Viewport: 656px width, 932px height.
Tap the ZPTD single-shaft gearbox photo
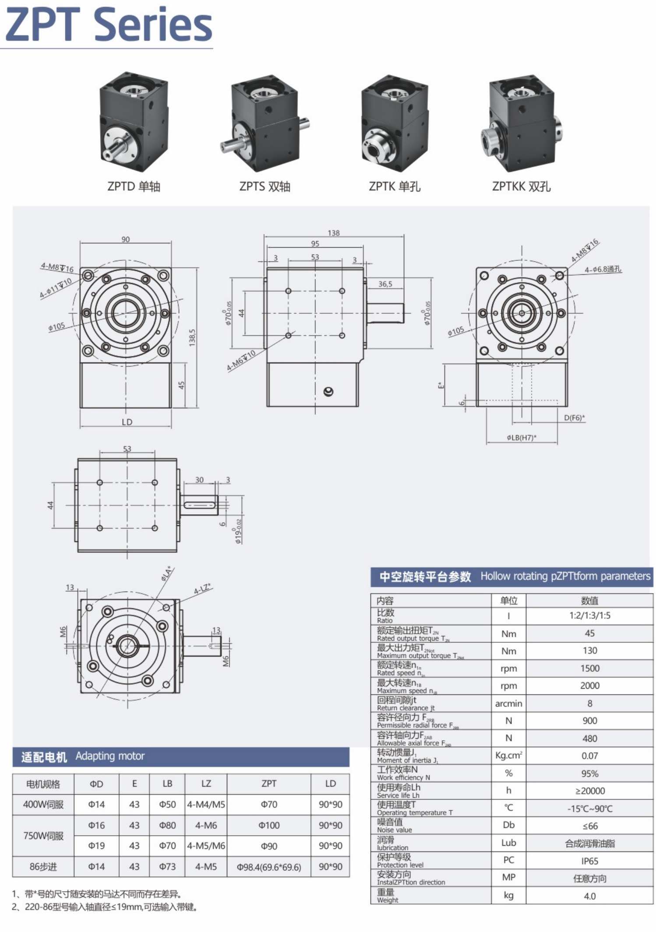coord(134,123)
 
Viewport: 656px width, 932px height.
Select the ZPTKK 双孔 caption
coord(521,186)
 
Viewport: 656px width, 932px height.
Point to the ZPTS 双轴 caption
coord(265,186)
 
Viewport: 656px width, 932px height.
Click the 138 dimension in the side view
coord(333,233)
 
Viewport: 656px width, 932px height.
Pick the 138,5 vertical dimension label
coord(192,338)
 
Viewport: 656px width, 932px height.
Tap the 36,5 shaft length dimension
coord(385,284)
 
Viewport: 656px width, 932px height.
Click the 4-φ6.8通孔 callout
coord(603,270)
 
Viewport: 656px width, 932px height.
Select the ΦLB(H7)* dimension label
coord(521,437)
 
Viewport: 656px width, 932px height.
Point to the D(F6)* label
coord(574,417)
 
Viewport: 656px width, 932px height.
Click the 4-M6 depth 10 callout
coord(241,361)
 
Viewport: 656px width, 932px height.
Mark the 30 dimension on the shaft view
coord(199,480)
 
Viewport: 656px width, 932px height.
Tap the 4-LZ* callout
coord(202,589)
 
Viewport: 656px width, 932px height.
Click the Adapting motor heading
coord(110,756)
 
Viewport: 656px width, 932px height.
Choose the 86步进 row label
coord(43,867)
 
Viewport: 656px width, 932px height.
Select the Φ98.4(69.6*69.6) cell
coord(269,867)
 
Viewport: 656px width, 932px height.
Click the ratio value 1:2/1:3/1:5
coord(589,616)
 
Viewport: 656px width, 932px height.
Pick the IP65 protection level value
coord(589,861)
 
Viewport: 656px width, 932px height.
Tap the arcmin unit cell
coord(508,704)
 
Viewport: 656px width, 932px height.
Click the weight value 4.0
coord(589,896)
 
